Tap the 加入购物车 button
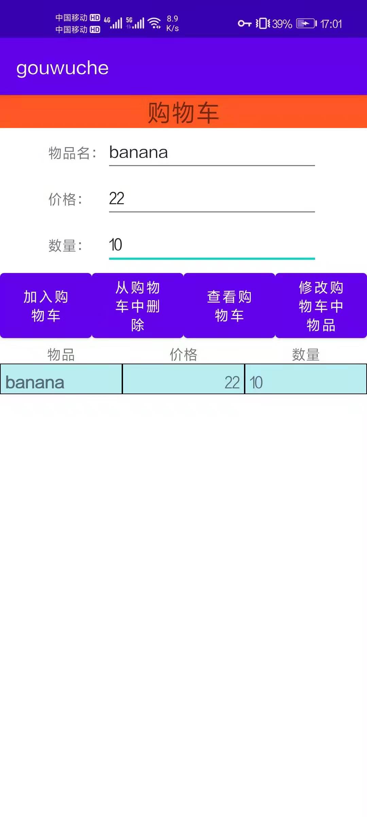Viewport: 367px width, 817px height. (x=46, y=306)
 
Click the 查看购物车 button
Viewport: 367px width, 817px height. (x=229, y=306)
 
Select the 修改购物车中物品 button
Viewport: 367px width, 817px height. (x=321, y=306)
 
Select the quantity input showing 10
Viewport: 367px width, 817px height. (x=211, y=245)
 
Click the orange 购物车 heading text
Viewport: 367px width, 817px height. (x=183, y=112)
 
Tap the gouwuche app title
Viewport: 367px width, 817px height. (x=63, y=68)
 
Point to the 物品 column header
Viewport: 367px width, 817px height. (x=61, y=355)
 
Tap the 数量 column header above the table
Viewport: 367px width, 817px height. (x=305, y=355)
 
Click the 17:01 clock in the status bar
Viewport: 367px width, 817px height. (x=331, y=24)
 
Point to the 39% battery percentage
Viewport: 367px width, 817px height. (x=282, y=24)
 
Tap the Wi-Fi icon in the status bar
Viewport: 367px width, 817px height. (x=155, y=23)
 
